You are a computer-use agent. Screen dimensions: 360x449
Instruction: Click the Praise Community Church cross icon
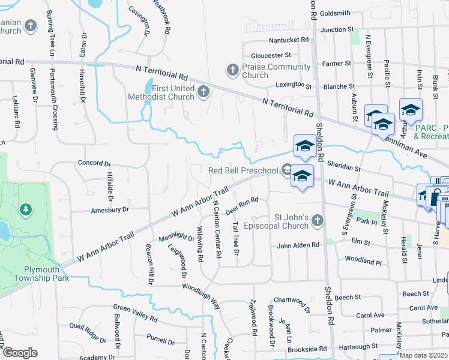click(x=232, y=70)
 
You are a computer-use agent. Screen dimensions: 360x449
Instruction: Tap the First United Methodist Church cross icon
click(x=203, y=92)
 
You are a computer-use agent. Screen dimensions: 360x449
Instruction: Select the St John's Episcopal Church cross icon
click(x=318, y=221)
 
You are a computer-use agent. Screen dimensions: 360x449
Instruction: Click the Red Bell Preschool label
click(x=243, y=170)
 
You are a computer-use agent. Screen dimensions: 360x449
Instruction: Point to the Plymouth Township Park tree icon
click(x=25, y=209)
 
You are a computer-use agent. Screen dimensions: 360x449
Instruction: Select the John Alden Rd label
click(x=300, y=246)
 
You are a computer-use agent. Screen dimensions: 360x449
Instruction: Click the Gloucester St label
click(x=271, y=55)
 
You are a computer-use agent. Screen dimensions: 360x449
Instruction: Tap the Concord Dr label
click(x=95, y=163)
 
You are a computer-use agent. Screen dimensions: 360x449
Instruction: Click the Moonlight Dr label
click(x=173, y=237)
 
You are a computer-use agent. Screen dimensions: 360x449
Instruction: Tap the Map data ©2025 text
click(x=423, y=355)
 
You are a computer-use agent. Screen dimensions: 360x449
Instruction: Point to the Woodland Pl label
click(x=363, y=262)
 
